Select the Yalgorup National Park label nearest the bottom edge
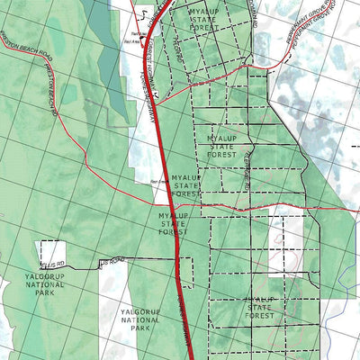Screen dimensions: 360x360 (140, 319)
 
